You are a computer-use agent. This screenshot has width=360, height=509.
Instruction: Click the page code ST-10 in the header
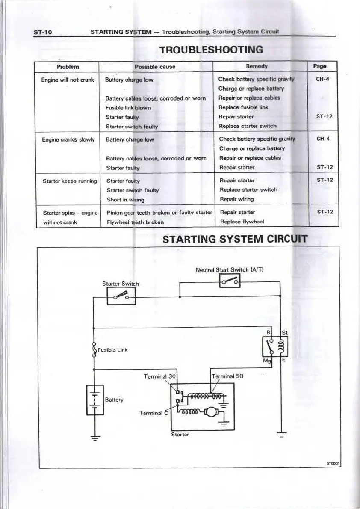tap(43, 33)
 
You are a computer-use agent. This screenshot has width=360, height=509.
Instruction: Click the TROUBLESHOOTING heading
tap(211, 50)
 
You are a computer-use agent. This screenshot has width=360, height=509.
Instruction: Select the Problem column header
tap(68, 67)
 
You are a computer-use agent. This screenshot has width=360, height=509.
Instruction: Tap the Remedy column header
tap(257, 66)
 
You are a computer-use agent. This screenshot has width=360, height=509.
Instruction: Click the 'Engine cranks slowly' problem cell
tap(68, 139)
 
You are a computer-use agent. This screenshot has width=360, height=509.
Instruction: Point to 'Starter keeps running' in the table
tap(70, 181)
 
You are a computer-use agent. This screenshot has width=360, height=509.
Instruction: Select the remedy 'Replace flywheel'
tap(242, 222)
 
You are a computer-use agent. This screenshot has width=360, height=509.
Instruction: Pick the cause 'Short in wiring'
tap(125, 200)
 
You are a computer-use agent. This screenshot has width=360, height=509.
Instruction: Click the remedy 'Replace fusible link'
tap(243, 107)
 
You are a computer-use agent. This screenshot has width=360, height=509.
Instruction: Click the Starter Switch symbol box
tap(121, 296)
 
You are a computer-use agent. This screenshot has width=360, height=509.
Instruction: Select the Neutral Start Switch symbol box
tap(230, 281)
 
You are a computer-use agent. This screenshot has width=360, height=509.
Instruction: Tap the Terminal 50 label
tap(227, 376)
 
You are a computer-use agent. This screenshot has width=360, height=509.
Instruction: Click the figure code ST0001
tap(333, 463)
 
